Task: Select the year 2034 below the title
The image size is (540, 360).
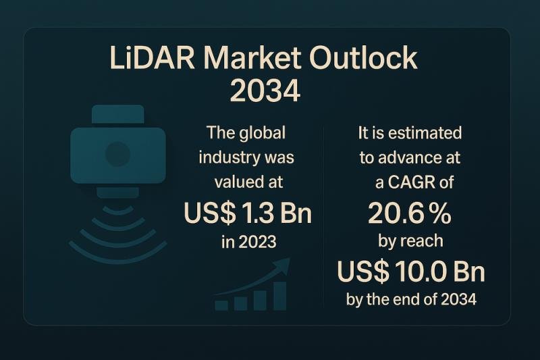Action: coord(265,90)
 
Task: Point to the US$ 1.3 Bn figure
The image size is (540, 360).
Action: coord(248,213)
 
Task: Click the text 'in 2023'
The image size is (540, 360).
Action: coord(248,242)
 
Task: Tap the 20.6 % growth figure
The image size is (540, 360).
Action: coord(410,213)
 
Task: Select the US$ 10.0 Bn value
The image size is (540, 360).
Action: coord(411,271)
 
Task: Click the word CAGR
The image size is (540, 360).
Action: coord(412,182)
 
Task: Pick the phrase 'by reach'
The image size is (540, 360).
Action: coord(410,241)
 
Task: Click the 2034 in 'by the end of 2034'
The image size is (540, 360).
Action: coord(459,299)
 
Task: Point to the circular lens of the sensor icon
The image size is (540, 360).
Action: coord(117,154)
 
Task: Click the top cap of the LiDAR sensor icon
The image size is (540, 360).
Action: coord(117,114)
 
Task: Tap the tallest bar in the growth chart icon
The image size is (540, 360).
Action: coord(280,296)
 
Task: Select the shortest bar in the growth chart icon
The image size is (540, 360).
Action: coord(221,305)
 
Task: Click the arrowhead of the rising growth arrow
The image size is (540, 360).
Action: coord(283,265)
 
